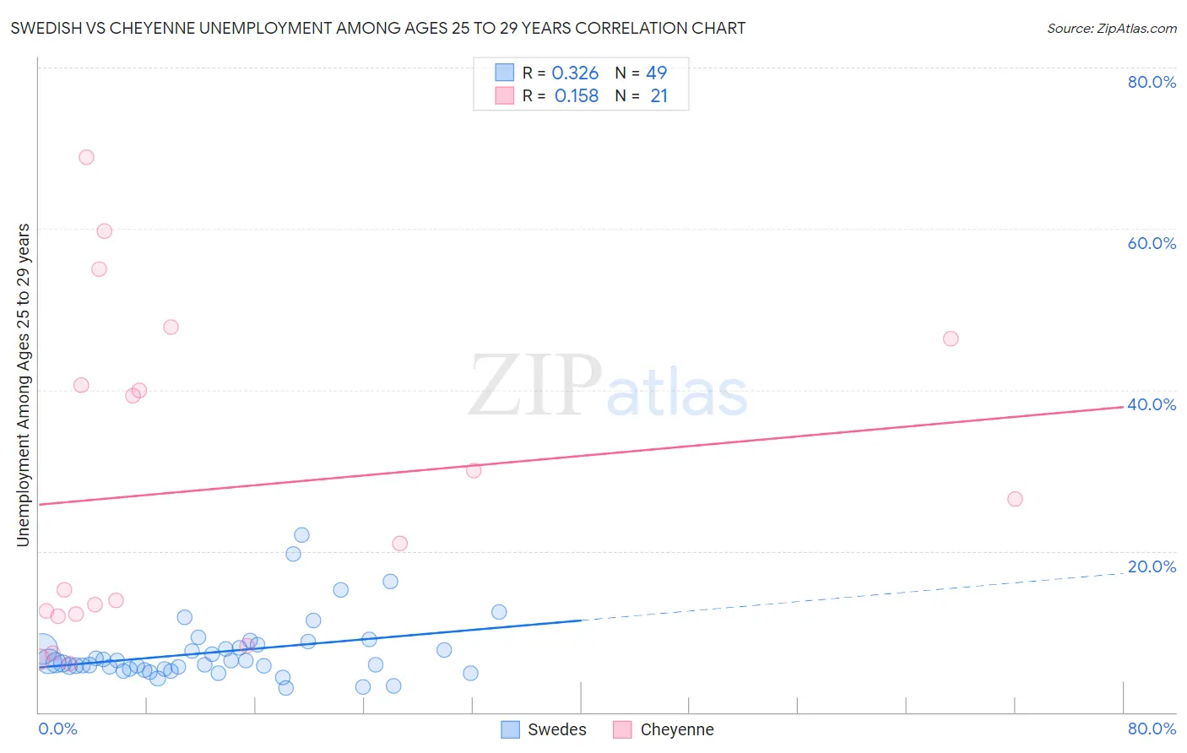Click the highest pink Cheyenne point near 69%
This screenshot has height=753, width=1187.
pyautogui.click(x=86, y=157)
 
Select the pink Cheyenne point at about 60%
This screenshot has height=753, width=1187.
pyautogui.click(x=105, y=230)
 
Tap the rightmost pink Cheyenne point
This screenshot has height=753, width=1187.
pyautogui.click(x=1015, y=499)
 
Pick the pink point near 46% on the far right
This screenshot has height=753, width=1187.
pyautogui.click(x=951, y=339)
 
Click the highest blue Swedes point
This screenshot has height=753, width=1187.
pyautogui.click(x=301, y=534)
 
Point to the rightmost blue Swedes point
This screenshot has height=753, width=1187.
pyautogui.click(x=499, y=612)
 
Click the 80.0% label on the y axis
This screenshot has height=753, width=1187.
pyautogui.click(x=1152, y=82)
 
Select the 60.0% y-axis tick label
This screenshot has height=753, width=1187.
pyautogui.click(x=1152, y=243)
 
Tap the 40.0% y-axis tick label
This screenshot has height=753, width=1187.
pyautogui.click(x=1152, y=404)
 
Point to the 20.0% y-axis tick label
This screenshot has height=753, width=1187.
pyautogui.click(x=1152, y=566)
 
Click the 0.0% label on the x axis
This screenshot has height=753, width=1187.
pyautogui.click(x=58, y=729)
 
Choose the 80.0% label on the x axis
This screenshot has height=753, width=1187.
pyautogui.click(x=1152, y=729)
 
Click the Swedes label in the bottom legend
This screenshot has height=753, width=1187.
pyautogui.click(x=556, y=729)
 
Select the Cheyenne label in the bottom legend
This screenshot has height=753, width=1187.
pyautogui.click(x=677, y=729)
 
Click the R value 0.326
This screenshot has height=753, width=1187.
pyautogui.click(x=575, y=73)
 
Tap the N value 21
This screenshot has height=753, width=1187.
pyautogui.click(x=659, y=96)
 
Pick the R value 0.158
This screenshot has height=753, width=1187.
pyautogui.click(x=577, y=96)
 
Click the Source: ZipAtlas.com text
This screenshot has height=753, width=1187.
pyautogui.click(x=1111, y=29)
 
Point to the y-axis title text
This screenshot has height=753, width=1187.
pyautogui.click(x=23, y=385)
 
